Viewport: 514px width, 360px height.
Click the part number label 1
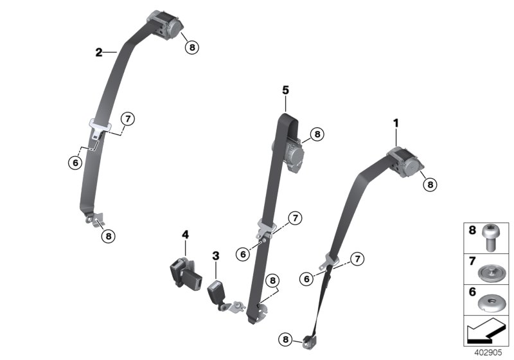396,122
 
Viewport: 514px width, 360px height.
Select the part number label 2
99,52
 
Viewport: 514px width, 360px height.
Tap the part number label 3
216,255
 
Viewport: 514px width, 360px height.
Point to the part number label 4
185,236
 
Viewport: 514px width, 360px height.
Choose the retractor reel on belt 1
409,161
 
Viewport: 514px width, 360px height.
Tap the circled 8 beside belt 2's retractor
191,46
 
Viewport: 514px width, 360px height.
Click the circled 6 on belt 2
75,163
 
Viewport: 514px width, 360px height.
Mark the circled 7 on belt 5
294,218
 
